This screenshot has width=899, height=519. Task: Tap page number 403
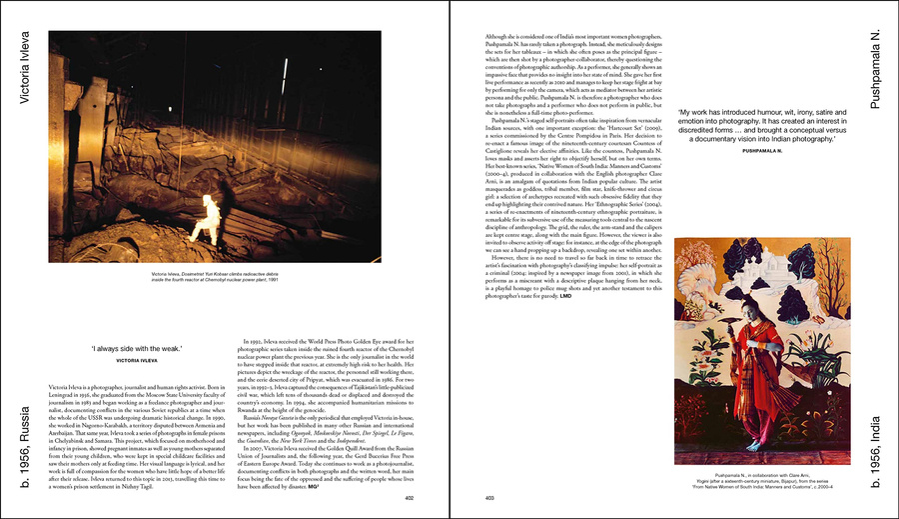coord(490,497)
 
